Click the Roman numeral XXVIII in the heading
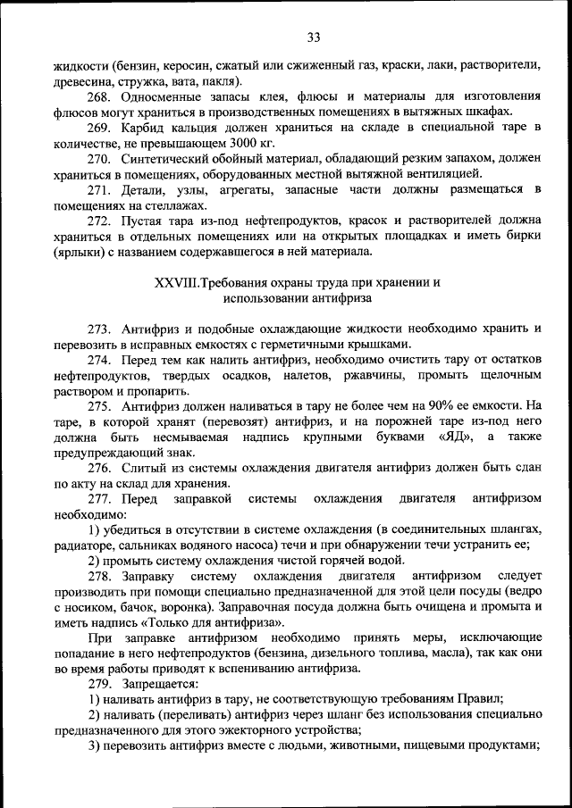click(176, 283)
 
